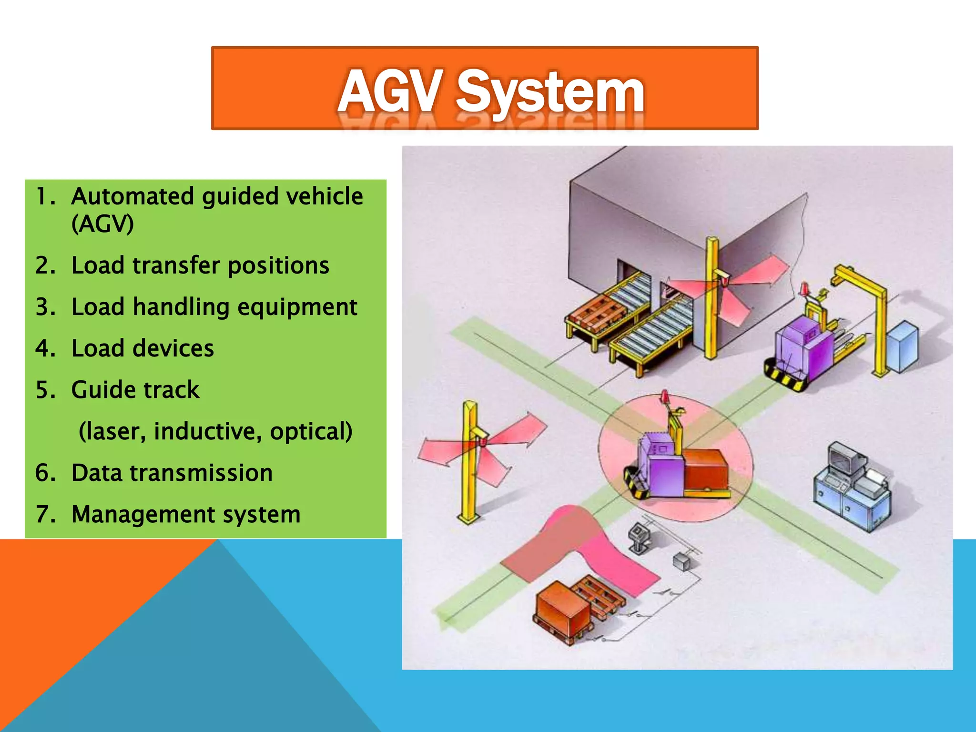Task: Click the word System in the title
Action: [550, 93]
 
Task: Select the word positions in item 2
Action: [278, 266]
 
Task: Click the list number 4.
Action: [45, 348]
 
